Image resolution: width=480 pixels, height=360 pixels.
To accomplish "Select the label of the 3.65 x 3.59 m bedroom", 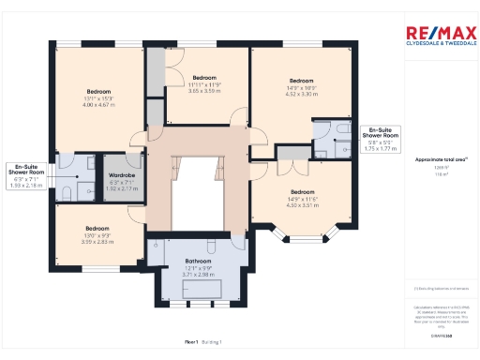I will [204, 77].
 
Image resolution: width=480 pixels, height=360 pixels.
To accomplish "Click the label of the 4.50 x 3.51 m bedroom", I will [301, 191].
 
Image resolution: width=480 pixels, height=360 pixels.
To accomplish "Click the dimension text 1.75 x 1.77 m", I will [381, 148].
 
